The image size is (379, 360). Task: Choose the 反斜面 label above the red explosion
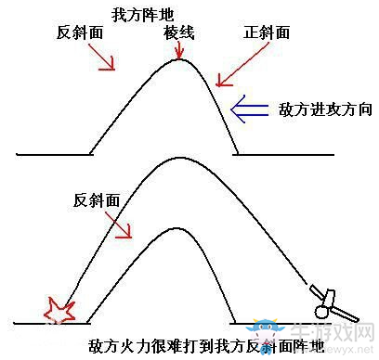click(96, 199)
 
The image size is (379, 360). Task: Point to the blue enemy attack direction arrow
click(251, 109)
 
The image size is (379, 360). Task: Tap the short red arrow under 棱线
click(178, 50)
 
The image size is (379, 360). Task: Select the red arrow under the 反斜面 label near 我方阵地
click(102, 57)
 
